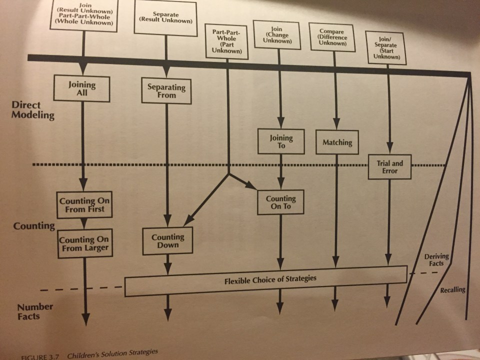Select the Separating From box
click(x=166, y=91)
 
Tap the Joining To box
click(x=281, y=141)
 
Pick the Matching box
click(x=337, y=142)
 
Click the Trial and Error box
click(x=389, y=167)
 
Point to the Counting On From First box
click(x=82, y=205)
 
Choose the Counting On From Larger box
click(x=83, y=243)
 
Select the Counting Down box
click(x=168, y=241)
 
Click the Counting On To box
click(x=280, y=202)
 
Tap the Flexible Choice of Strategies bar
click(x=266, y=279)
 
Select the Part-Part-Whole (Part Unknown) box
click(x=227, y=40)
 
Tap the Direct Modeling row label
click(x=34, y=110)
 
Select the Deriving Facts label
click(x=436, y=260)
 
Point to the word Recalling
click(x=452, y=289)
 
